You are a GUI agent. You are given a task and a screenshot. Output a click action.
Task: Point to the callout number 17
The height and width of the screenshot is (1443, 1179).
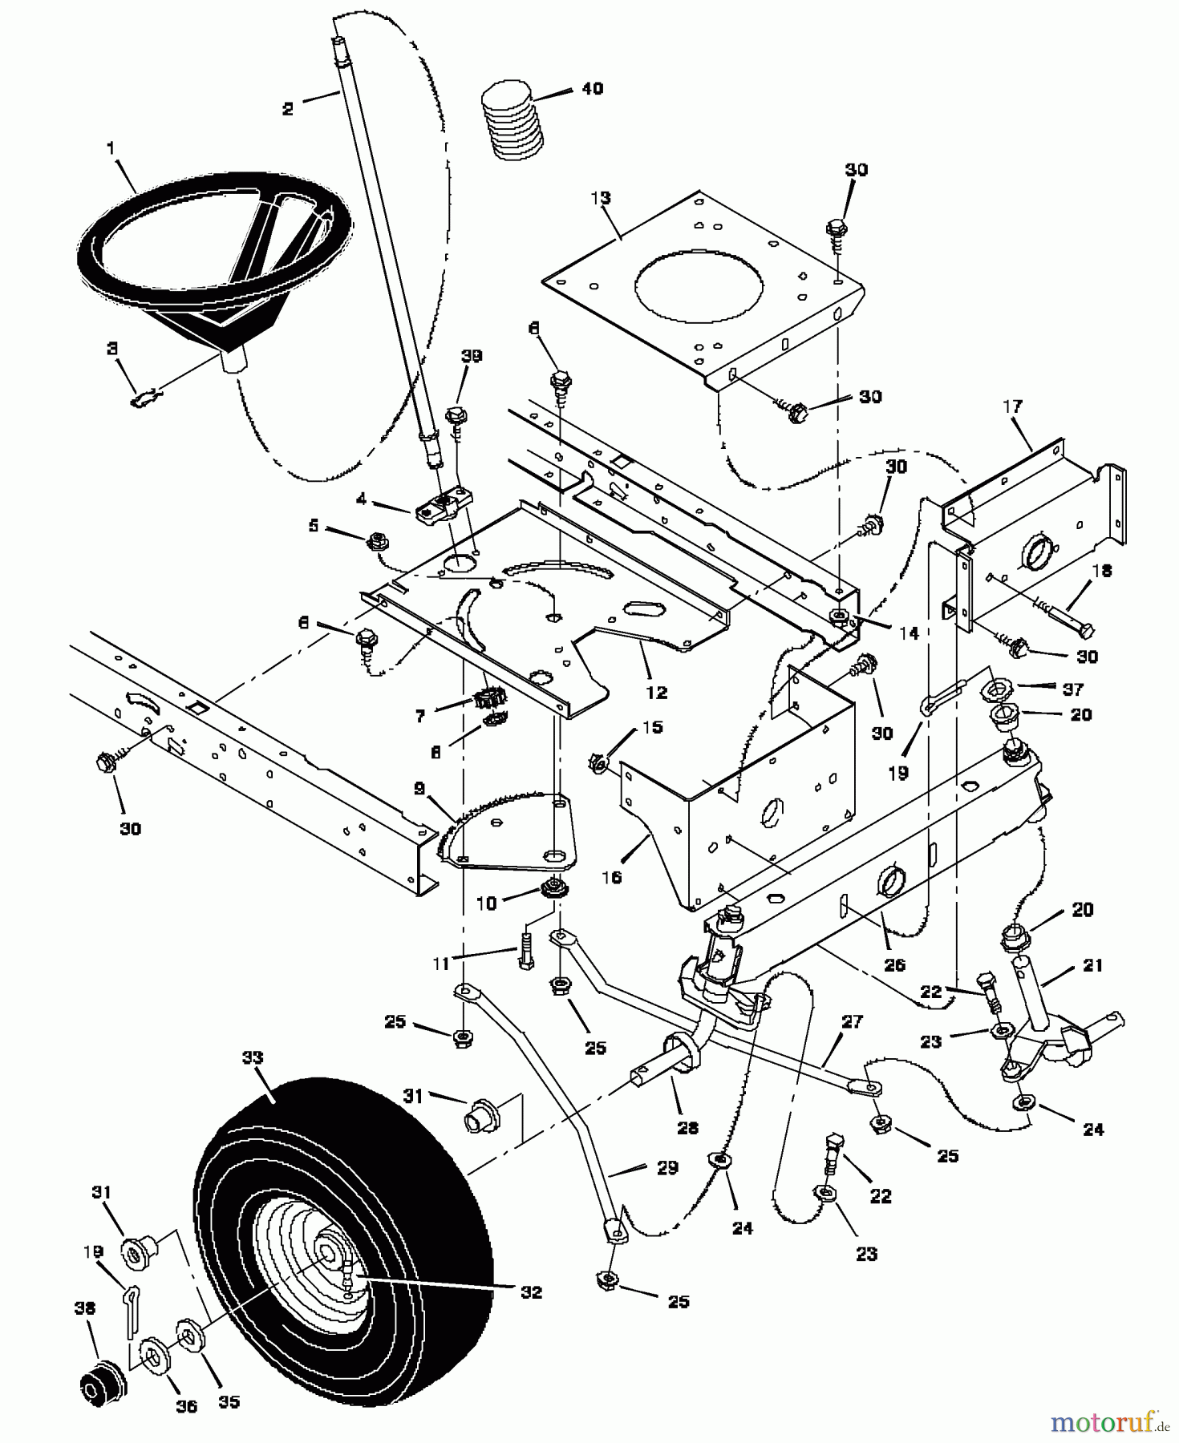coord(1012,406)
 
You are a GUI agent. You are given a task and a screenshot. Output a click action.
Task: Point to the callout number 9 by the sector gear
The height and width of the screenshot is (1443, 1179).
coord(419,788)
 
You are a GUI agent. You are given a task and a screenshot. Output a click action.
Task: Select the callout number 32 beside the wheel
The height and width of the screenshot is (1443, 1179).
coord(531,1291)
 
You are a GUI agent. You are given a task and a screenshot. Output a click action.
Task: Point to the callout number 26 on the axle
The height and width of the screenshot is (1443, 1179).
coord(893,965)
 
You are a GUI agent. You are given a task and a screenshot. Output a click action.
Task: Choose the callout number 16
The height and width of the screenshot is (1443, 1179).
coord(612,877)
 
